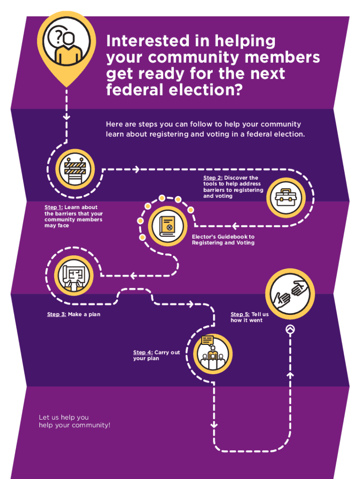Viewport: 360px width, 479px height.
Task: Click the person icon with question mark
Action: click(66, 43)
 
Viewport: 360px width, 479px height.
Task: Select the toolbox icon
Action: click(286, 198)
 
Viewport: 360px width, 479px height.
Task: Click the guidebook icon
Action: click(167, 225)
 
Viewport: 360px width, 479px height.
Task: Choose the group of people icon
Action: click(213, 354)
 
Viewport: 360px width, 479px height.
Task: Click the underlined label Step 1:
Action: click(53, 207)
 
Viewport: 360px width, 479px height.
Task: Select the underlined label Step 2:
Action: click(213, 178)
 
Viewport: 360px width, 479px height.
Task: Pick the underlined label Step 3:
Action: click(56, 314)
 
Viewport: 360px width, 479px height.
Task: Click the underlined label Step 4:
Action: click(143, 353)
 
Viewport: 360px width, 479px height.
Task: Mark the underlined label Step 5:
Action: click(240, 314)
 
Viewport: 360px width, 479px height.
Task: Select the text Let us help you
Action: click(64, 417)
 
